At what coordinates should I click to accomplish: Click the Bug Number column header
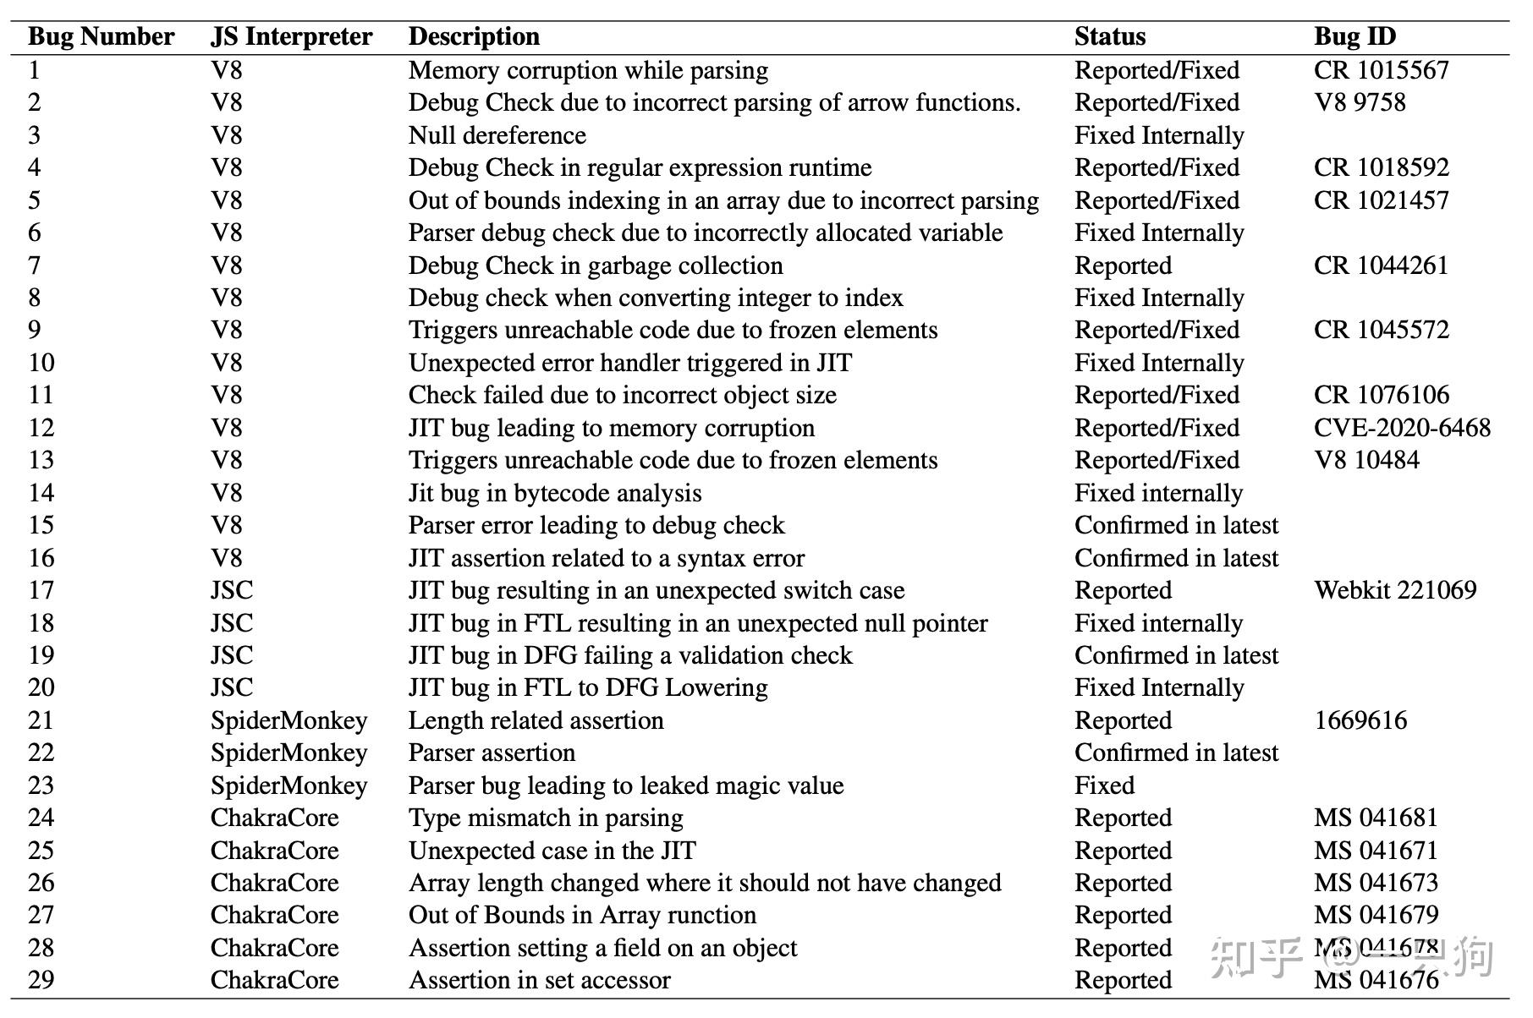[101, 36]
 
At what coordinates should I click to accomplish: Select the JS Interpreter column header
[291, 36]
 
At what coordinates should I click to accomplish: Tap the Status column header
[1109, 36]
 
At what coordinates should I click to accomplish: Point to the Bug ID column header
[1354, 36]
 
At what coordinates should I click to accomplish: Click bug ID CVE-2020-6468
[1401, 428]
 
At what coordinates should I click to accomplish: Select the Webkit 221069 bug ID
[1394, 590]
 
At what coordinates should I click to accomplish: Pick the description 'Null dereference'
[497, 135]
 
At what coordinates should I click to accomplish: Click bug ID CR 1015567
[1381, 70]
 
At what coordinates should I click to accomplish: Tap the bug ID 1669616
[1360, 720]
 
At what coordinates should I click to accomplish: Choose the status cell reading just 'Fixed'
[1104, 785]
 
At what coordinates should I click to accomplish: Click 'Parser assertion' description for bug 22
[492, 753]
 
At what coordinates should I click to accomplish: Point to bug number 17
[41, 590]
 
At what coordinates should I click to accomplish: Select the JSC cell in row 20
[232, 687]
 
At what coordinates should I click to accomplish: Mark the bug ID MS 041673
[1376, 883]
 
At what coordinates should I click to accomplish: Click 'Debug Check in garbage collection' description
[596, 265]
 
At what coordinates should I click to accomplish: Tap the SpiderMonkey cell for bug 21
[288, 720]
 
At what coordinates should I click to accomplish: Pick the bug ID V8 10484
[1366, 460]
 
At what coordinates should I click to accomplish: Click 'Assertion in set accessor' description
[539, 980]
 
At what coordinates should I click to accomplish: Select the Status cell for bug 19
[1176, 655]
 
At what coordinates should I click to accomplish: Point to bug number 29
[41, 980]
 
